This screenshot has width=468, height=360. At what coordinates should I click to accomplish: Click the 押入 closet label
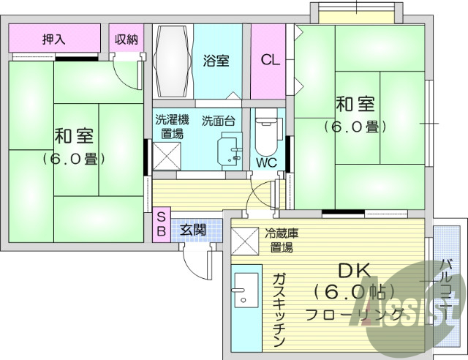pyautogui.click(x=53, y=40)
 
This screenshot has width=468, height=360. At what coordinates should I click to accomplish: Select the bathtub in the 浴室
pyautogui.click(x=173, y=62)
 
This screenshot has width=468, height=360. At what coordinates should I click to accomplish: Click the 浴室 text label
pyautogui.click(x=216, y=61)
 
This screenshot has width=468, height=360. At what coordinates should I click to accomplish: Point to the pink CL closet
pyautogui.click(x=271, y=61)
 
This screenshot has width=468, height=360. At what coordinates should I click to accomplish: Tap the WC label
pyautogui.click(x=265, y=163)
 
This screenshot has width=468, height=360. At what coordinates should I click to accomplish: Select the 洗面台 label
pyautogui.click(x=218, y=120)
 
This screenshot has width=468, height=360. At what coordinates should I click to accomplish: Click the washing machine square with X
pyautogui.click(x=166, y=155)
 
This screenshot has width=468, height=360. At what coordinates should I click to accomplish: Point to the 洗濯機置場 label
pyautogui.click(x=173, y=126)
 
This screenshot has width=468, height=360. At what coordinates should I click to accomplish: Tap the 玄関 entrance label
pyautogui.click(x=193, y=229)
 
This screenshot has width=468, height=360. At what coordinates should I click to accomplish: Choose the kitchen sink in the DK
pyautogui.click(x=245, y=293)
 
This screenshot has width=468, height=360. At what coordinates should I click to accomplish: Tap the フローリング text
pyautogui.click(x=355, y=315)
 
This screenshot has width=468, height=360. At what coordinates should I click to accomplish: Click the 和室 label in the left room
pyautogui.click(x=74, y=136)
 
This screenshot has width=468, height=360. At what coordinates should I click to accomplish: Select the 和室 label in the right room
pyautogui.click(x=355, y=104)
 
